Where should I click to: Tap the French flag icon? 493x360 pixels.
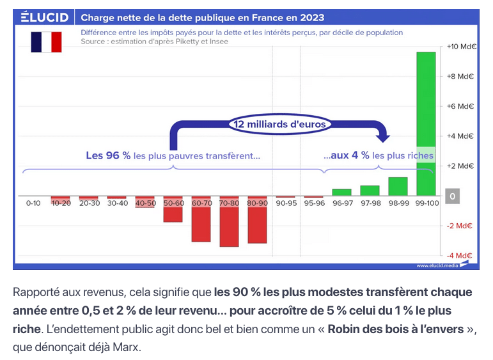pyautogui.click(x=46, y=42)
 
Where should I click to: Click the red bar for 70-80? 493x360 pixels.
pyautogui.click(x=229, y=221)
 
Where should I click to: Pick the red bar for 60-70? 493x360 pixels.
pyautogui.click(x=201, y=219)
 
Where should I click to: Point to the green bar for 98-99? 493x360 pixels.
pyautogui.click(x=398, y=186)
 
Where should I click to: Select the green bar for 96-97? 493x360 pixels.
pyautogui.click(x=341, y=192)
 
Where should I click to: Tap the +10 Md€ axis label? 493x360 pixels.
pyautogui.click(x=460, y=47)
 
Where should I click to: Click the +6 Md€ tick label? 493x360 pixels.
pyautogui.click(x=460, y=106)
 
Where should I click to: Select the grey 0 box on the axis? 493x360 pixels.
pyautogui.click(x=453, y=196)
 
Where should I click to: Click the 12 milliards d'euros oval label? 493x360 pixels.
pyautogui.click(x=279, y=124)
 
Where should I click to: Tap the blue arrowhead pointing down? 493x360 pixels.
pyautogui.click(x=382, y=136)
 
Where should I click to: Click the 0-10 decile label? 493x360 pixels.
pyautogui.click(x=33, y=203)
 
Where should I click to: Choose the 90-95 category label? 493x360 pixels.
pyautogui.click(x=285, y=203)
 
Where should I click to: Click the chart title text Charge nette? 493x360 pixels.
pyautogui.click(x=202, y=17)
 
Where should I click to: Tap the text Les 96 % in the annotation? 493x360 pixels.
pyautogui.click(x=108, y=155)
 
